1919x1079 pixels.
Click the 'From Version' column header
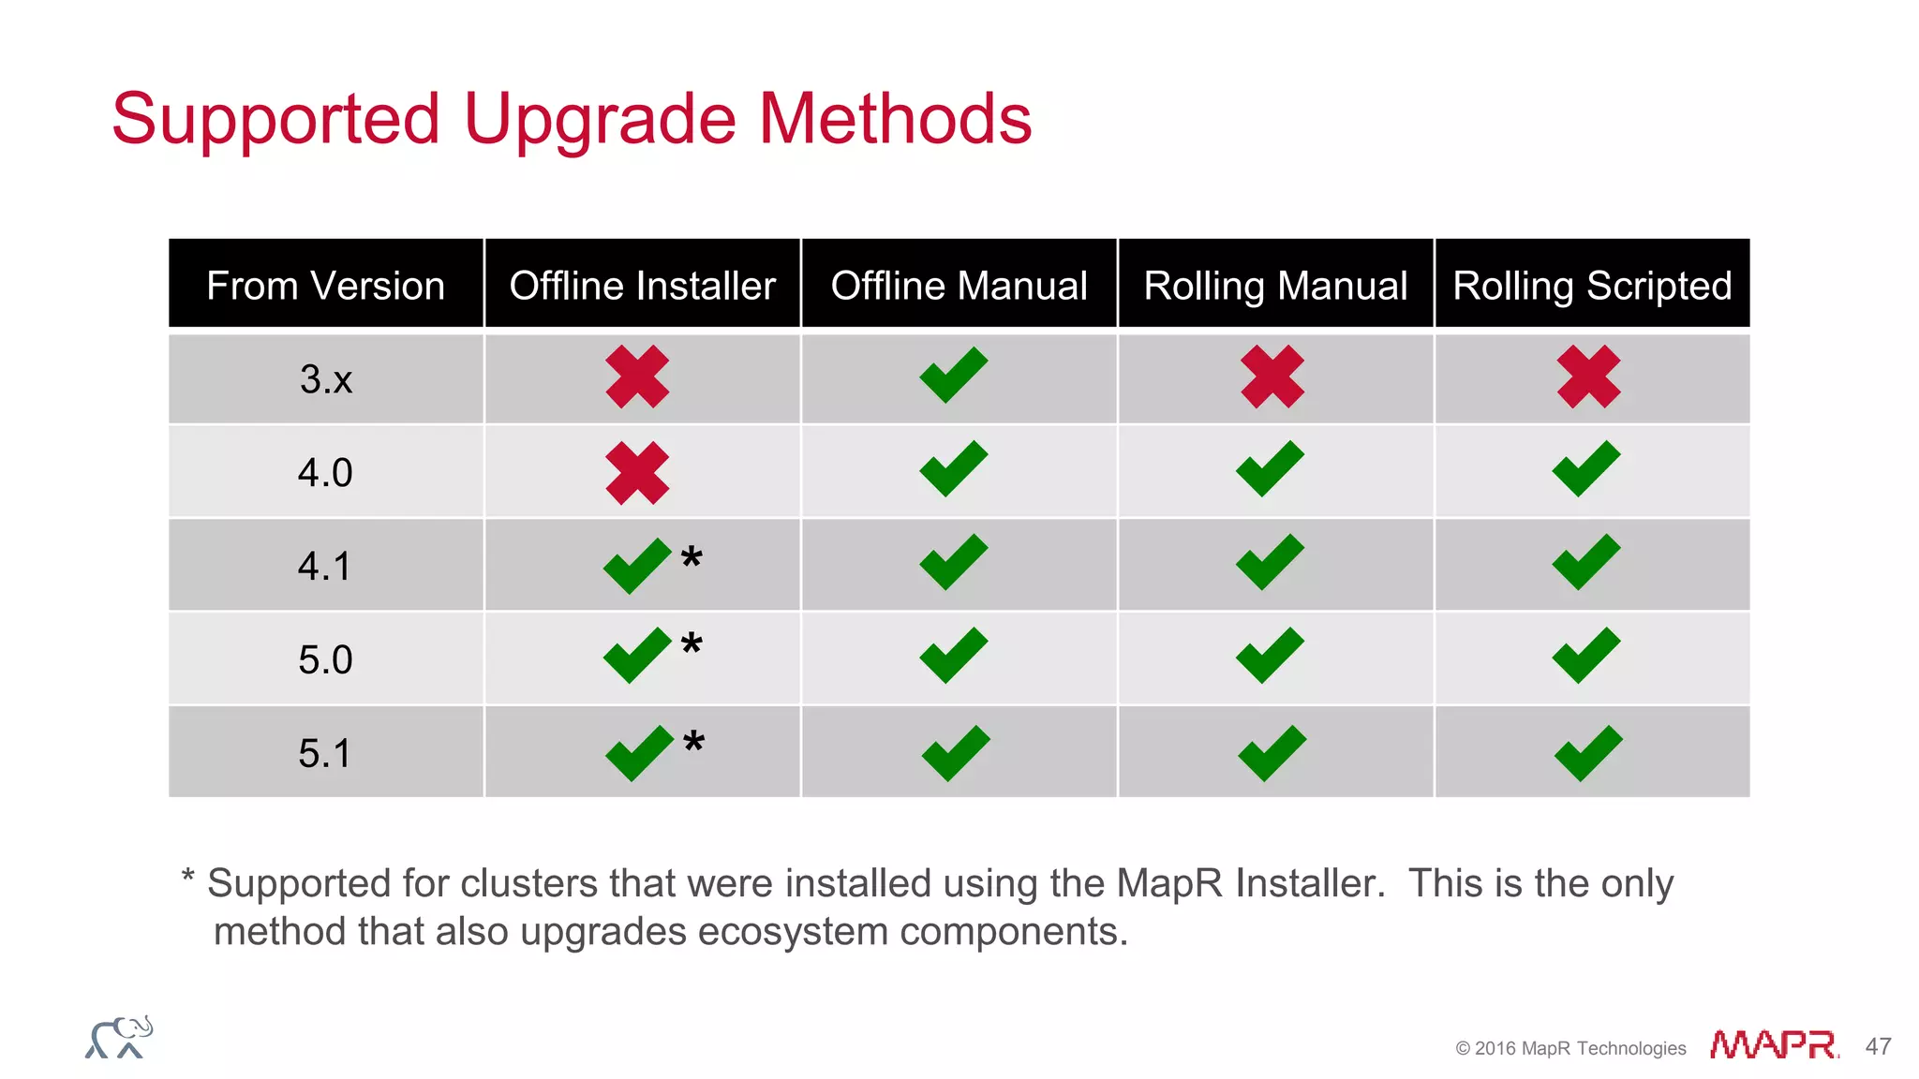[x=325, y=285]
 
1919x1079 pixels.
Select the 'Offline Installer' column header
[x=642, y=285]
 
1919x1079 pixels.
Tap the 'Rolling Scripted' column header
[x=1592, y=285]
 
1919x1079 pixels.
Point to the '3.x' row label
[x=325, y=379]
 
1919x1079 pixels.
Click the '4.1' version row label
[x=324, y=567]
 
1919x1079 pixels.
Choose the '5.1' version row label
[x=324, y=753]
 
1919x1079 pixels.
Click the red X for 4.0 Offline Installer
[x=637, y=473]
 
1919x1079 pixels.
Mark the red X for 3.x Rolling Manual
[x=1272, y=377]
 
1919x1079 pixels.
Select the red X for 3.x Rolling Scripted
[x=1588, y=377]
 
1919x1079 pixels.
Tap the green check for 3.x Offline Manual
[x=954, y=375]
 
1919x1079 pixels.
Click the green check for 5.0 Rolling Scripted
[x=1586, y=655]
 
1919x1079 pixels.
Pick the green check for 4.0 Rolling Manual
[x=1270, y=468]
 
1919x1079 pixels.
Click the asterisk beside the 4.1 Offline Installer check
[x=692, y=558]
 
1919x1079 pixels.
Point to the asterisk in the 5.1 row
[x=693, y=743]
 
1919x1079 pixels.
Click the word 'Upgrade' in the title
[x=600, y=120]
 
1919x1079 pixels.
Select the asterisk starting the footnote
[x=187, y=878]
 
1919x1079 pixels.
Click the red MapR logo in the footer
[x=1773, y=1044]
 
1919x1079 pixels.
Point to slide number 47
[x=1878, y=1046]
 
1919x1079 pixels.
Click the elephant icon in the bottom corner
[x=119, y=1038]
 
